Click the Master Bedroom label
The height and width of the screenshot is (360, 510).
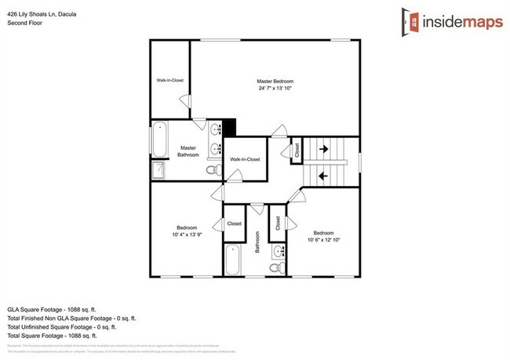275,81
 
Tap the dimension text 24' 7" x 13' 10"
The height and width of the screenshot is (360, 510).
275,88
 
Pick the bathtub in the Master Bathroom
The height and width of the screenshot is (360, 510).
158,138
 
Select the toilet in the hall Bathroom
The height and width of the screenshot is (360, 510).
276,267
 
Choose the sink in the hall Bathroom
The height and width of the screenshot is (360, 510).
280,251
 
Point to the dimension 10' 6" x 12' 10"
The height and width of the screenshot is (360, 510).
323,240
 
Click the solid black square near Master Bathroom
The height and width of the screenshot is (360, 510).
229,127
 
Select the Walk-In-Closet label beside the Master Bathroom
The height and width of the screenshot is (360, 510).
245,160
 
